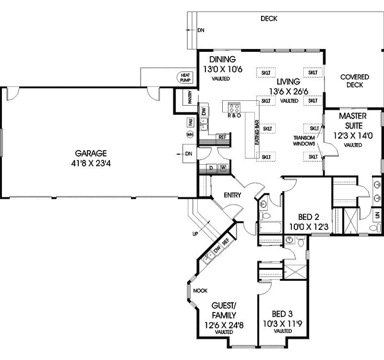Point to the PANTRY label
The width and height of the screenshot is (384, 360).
click(190, 99)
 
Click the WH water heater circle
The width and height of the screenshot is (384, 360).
click(190, 135)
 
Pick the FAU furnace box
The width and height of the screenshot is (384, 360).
click(190, 123)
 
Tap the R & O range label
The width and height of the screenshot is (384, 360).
click(234, 116)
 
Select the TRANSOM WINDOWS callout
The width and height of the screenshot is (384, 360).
click(304, 140)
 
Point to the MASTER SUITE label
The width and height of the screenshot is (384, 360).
click(353, 120)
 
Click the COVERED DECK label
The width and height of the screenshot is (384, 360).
click(354, 81)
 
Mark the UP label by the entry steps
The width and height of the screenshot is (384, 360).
click(194, 234)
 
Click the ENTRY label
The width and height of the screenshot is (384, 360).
click(232, 195)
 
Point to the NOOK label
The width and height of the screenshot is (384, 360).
click(200, 291)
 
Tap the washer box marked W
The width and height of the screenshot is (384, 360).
click(223, 168)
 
